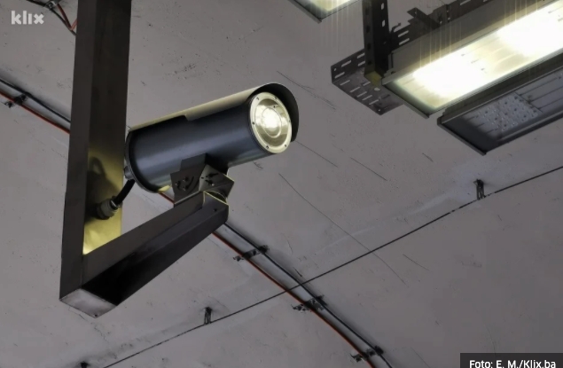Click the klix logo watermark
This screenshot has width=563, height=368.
point(27,18)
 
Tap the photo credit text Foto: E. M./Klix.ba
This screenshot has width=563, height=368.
point(512,364)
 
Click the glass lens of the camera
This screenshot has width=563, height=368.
point(270,121)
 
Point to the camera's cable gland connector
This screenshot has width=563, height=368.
point(107,209)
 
